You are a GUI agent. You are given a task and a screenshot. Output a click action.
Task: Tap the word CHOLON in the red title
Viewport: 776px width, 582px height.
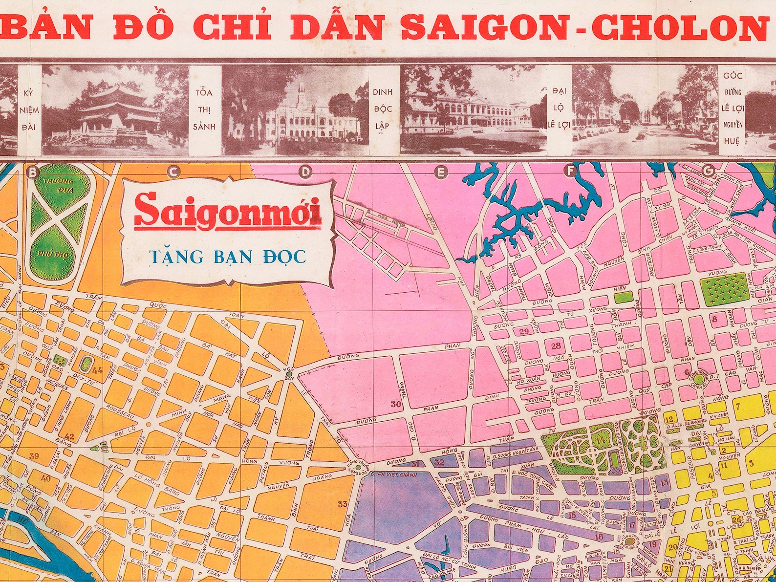(x=679, y=27)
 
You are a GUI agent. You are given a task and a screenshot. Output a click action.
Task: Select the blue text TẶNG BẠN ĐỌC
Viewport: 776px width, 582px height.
(x=227, y=256)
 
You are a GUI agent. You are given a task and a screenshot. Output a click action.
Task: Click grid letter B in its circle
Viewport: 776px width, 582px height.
(x=33, y=172)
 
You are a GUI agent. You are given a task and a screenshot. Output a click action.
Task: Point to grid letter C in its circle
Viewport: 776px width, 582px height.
(x=173, y=172)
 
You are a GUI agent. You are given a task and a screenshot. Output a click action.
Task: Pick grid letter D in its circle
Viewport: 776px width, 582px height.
(x=305, y=172)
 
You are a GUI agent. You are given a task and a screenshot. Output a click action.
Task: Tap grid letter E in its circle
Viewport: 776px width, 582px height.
(x=441, y=172)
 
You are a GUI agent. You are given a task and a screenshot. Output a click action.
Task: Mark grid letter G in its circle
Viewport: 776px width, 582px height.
(x=707, y=171)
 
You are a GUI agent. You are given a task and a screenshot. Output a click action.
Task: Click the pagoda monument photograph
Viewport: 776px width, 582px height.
(x=115, y=110)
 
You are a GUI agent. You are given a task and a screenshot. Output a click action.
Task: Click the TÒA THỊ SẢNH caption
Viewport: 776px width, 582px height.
(x=205, y=109)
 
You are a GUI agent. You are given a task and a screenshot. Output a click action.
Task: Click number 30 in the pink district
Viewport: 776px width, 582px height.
(x=396, y=404)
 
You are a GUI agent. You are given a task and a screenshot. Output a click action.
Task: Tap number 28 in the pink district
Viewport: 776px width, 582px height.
(x=556, y=346)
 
